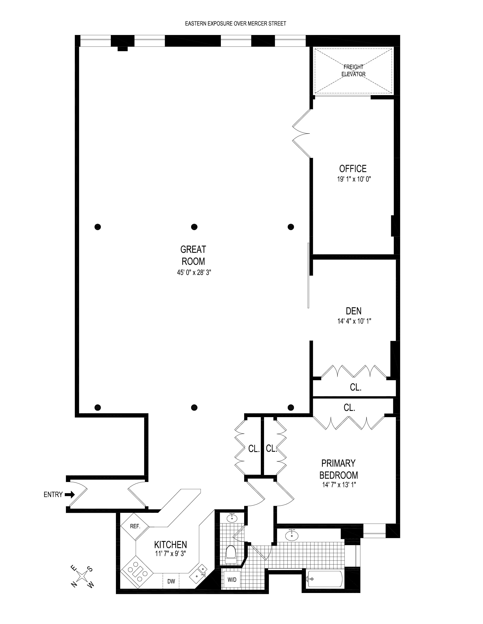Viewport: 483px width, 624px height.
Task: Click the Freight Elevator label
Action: pyautogui.click(x=353, y=71)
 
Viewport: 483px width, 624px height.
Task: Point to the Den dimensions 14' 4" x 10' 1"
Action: pyautogui.click(x=354, y=321)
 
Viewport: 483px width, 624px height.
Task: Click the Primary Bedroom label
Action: pyautogui.click(x=338, y=469)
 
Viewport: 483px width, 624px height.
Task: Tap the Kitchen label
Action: pyautogui.click(x=170, y=544)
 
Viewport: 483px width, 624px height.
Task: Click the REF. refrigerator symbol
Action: pyautogui.click(x=135, y=526)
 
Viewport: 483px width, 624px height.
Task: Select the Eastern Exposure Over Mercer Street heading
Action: pyautogui.click(x=235, y=24)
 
